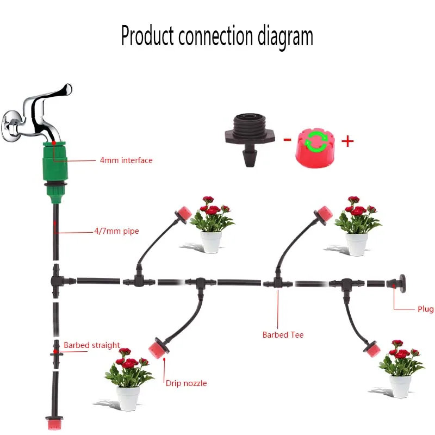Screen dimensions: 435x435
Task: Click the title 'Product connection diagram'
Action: click(217, 36)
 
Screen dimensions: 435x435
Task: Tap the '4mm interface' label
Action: click(126, 160)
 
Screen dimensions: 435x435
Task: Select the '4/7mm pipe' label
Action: click(116, 231)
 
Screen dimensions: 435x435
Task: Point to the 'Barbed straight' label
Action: click(91, 345)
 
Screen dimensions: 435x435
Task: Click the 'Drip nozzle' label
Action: click(186, 383)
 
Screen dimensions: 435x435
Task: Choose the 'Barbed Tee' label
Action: click(283, 335)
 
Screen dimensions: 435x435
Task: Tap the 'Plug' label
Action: click(425, 309)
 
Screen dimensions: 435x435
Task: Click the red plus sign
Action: click(347, 141)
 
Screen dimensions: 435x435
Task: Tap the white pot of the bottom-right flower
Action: click(400, 386)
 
